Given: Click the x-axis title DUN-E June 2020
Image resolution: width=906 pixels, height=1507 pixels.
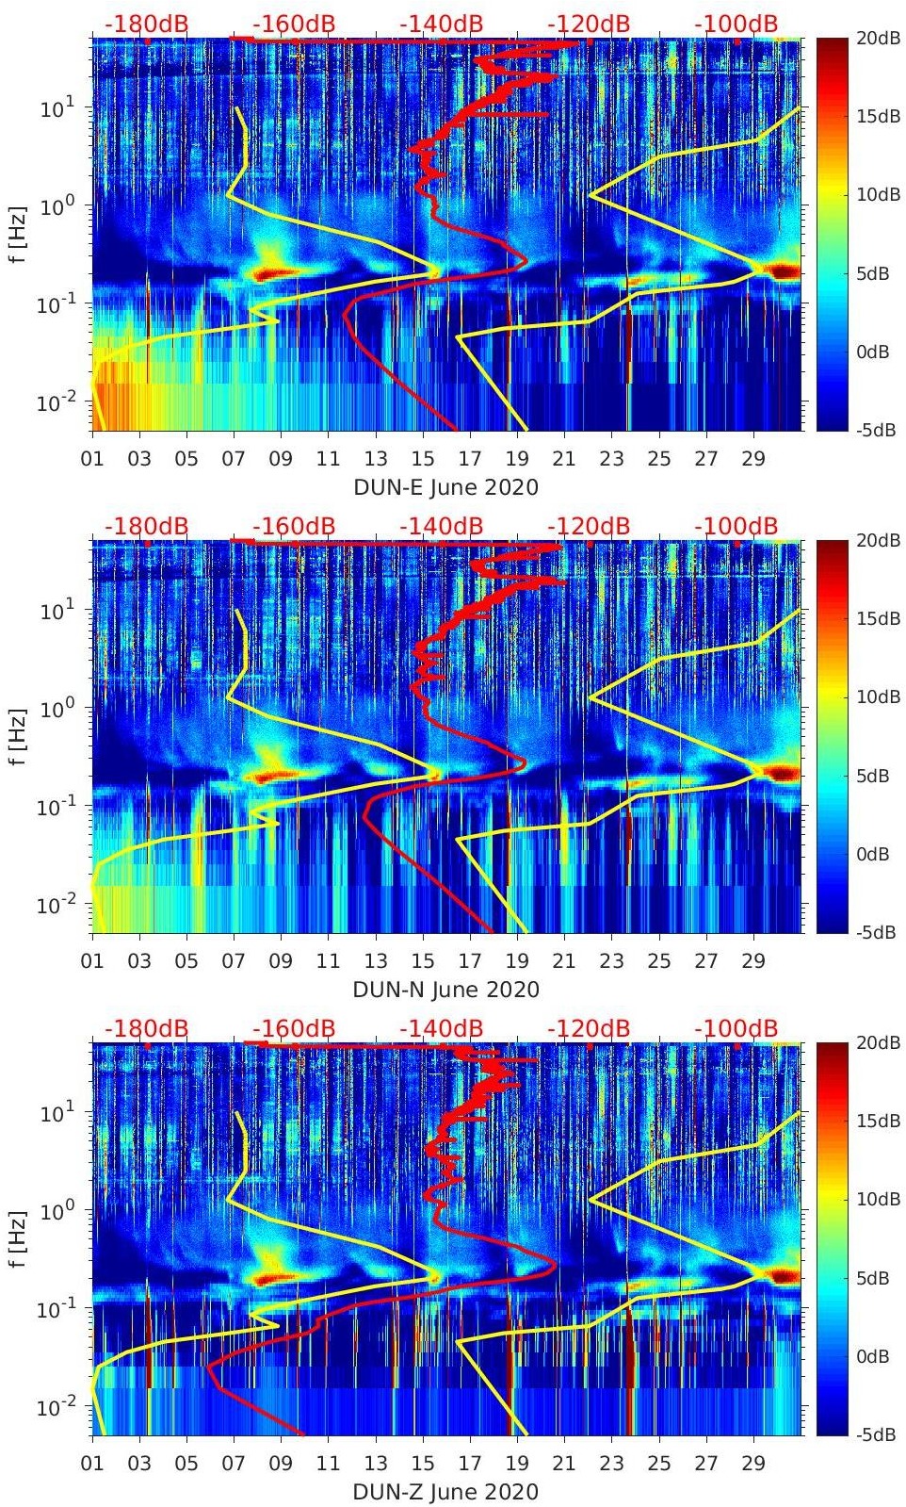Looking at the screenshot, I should coord(445,487).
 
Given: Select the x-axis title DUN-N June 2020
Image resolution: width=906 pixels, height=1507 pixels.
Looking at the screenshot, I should coord(445,990).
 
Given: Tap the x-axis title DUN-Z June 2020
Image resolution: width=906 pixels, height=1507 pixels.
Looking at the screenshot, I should coord(445,1492).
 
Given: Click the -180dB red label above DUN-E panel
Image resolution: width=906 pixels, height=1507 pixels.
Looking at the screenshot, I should coord(146,24).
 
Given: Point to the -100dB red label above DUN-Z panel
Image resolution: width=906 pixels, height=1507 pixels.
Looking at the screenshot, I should coord(736,1028).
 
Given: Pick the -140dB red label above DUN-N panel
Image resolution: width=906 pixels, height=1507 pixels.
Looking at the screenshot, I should coord(441,526).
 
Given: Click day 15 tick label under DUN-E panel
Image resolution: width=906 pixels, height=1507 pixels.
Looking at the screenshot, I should coord(423,459).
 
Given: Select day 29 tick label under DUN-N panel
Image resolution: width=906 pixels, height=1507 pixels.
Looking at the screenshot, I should coord(753,961).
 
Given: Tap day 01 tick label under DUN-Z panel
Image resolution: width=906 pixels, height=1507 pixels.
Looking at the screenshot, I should coord(92,1464).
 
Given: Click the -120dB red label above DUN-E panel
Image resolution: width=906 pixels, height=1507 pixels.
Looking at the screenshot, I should coord(589,24).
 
